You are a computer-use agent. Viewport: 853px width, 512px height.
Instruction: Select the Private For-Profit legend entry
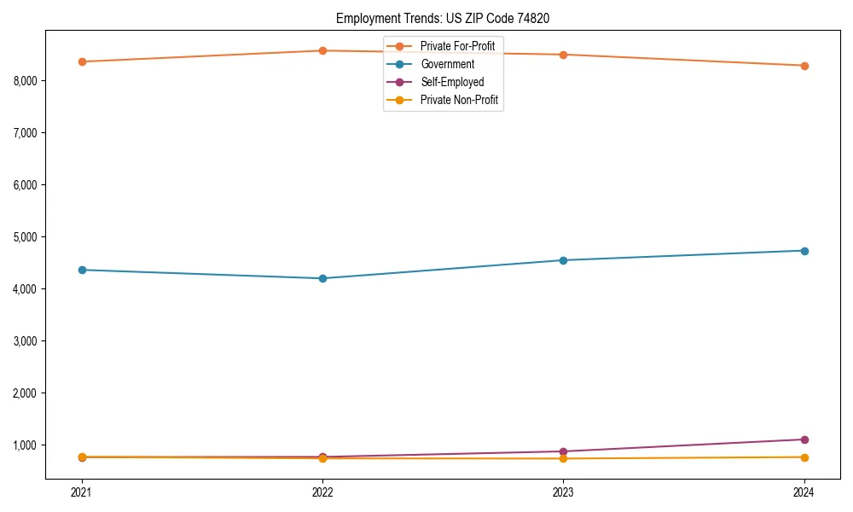457,45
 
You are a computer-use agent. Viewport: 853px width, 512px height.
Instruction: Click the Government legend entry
447,64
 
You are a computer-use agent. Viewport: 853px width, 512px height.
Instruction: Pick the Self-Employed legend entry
452,82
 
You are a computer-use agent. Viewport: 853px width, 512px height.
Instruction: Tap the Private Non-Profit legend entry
459,101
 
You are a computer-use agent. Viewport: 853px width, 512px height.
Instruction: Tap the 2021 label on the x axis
82,492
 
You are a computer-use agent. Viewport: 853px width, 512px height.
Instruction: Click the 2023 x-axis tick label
563,492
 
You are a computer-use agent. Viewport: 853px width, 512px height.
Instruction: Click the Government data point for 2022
322,278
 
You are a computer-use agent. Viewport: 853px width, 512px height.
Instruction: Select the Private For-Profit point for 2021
82,61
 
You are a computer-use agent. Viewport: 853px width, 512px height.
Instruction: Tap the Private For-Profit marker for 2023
563,55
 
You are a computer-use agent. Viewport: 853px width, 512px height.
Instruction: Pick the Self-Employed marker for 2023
563,451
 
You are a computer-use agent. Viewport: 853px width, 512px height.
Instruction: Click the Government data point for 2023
563,260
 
